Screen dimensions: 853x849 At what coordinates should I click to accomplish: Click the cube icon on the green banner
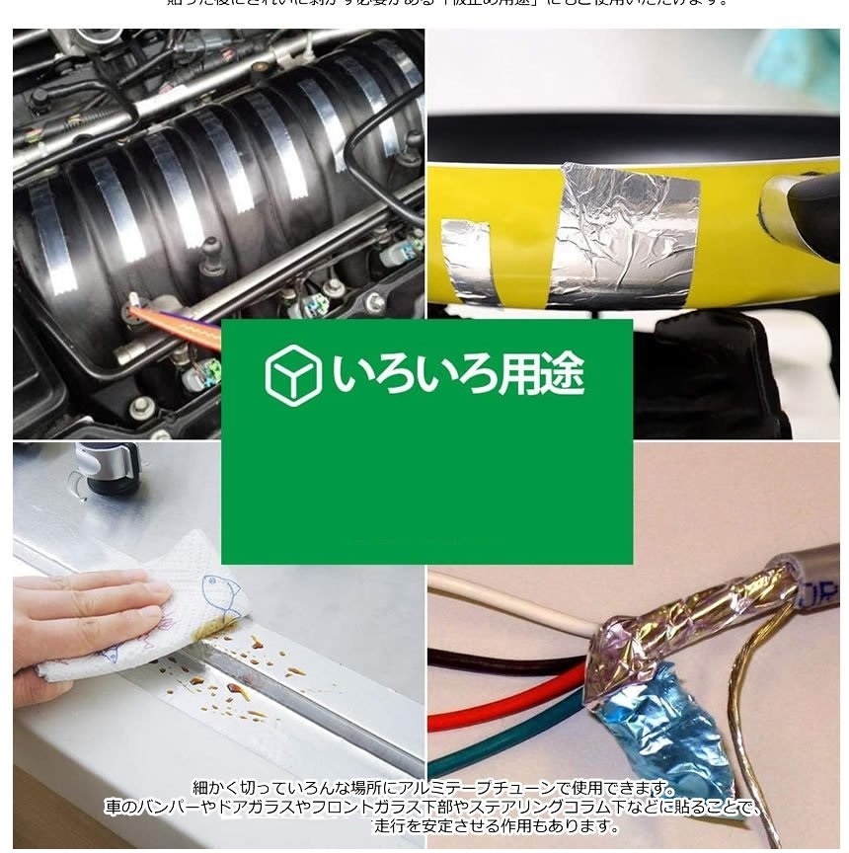point(293,375)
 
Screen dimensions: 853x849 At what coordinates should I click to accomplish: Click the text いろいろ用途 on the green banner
point(457,375)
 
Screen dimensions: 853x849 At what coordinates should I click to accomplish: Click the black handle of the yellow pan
point(810,208)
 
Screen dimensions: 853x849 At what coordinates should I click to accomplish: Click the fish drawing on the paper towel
point(219,597)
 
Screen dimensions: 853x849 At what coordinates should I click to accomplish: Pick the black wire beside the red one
point(494,664)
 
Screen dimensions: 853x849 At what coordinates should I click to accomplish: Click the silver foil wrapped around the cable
point(691,612)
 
